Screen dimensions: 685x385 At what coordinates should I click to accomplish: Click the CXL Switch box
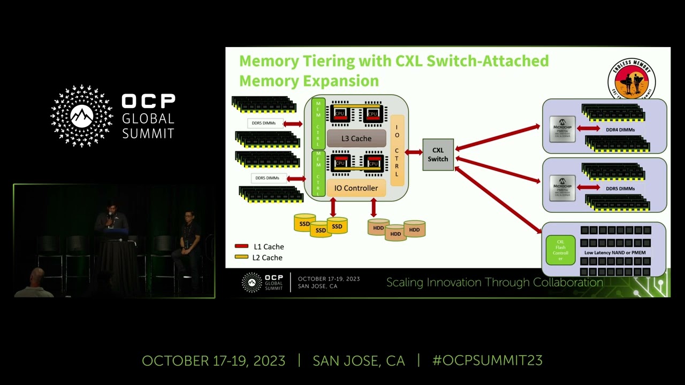(438, 155)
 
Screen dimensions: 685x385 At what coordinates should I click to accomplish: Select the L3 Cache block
(356, 138)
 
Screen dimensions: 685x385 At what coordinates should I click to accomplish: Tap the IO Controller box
(356, 188)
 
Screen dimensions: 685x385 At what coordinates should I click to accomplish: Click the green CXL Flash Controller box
(560, 250)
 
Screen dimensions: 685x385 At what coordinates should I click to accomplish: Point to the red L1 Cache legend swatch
(241, 247)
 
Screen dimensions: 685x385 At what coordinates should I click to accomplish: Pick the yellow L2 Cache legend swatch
(241, 257)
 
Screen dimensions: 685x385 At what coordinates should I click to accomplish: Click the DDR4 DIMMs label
(620, 129)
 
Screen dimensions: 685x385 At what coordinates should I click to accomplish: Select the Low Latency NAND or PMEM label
(615, 252)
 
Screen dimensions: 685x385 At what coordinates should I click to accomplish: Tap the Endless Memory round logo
(631, 80)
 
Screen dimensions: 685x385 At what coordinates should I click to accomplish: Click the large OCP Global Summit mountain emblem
(82, 115)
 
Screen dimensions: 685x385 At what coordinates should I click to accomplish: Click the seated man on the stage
(188, 235)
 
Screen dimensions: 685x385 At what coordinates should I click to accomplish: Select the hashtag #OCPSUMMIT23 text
(487, 360)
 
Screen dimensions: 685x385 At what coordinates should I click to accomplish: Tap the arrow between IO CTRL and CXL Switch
(414, 152)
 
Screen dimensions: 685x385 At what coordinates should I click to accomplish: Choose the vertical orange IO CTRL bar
(397, 150)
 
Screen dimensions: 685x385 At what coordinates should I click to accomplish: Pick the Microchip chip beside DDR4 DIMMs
(562, 129)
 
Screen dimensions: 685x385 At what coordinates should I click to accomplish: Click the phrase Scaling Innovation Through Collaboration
(494, 282)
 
